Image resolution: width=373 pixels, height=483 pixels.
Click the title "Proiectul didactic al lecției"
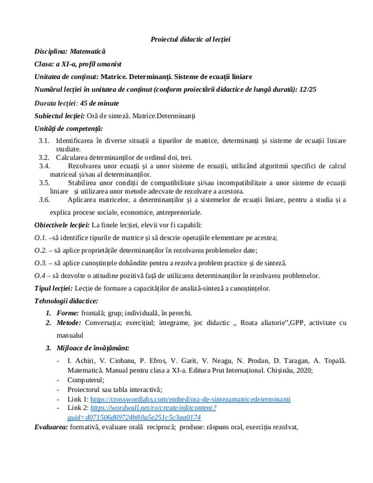191,39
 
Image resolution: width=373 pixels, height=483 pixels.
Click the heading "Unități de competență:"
69,128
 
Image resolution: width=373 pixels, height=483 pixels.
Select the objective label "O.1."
41,238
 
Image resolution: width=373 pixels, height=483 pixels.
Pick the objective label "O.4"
40,276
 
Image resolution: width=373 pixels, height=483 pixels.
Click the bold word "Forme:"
68,313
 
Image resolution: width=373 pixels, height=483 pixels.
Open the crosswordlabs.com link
190,399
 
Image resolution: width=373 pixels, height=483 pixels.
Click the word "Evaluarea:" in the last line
50,427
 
